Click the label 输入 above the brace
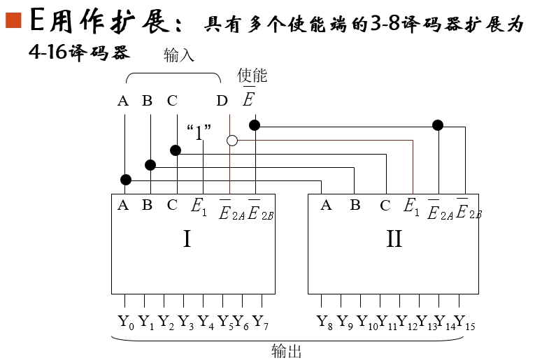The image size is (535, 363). click(178, 55)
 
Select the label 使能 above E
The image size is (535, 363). click(252, 76)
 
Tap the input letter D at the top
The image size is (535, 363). click(222, 101)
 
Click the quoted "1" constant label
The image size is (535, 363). click(199, 131)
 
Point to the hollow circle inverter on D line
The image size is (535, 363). click(232, 141)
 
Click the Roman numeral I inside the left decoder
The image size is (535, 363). click(187, 239)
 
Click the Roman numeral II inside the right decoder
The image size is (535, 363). click(394, 239)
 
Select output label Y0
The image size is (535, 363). click(126, 322)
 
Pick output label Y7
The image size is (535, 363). click(261, 322)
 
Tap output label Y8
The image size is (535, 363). click(325, 322)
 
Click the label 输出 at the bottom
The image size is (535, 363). click(287, 351)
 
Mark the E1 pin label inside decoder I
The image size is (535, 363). click(199, 206)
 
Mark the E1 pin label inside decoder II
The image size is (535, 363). click(412, 206)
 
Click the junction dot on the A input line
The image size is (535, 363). click(126, 180)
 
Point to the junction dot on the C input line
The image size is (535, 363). click(176, 150)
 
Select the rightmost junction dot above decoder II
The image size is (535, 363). click(438, 125)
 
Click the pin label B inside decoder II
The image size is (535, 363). click(355, 206)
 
